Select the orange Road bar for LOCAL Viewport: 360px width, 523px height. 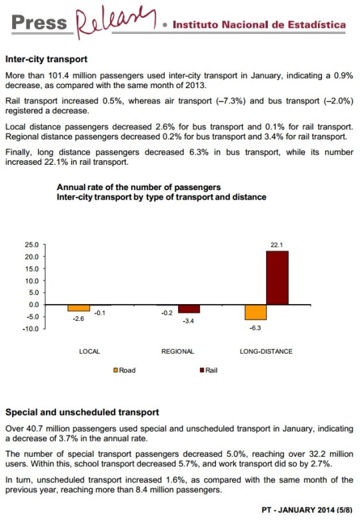point(79,308)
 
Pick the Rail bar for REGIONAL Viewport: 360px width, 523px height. point(189,309)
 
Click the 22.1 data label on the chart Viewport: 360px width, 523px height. point(277,245)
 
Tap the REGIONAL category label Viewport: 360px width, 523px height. point(178,352)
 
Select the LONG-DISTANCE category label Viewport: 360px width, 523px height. point(266,352)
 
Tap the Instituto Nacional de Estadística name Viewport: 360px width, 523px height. point(259,25)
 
